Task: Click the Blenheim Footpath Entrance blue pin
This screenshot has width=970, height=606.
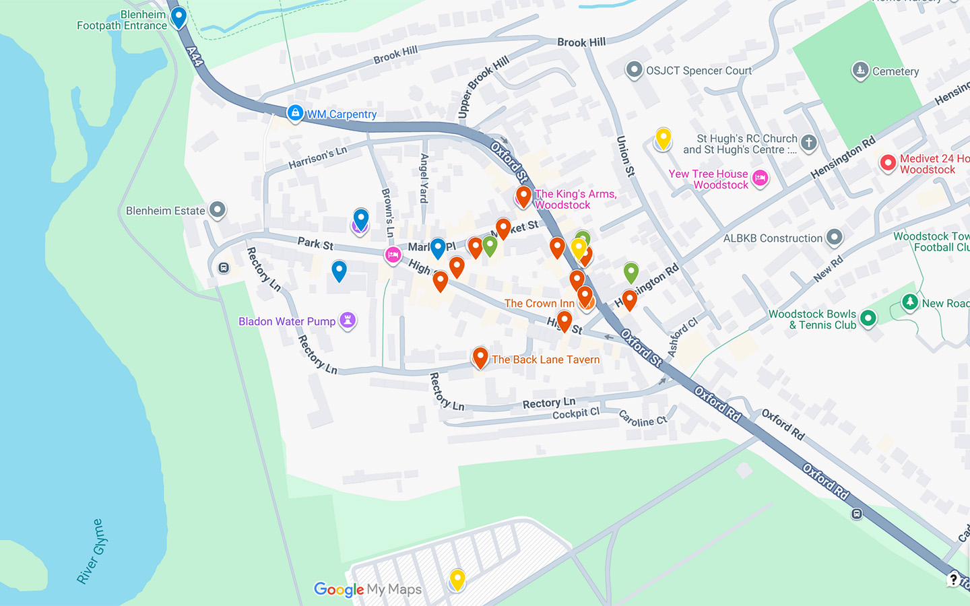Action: pos(179,17)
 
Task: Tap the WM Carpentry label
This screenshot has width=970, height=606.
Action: pos(342,114)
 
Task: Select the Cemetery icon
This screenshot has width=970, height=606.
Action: pos(860,70)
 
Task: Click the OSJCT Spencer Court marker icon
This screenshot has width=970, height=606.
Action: pos(634,69)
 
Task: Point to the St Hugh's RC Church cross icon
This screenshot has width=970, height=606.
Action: pos(809,142)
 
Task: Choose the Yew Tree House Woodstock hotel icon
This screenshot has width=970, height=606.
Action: pos(760,178)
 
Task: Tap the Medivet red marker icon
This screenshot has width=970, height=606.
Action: pos(888,162)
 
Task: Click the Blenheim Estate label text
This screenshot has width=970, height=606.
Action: pos(165,211)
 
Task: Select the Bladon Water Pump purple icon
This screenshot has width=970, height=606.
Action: pos(348,320)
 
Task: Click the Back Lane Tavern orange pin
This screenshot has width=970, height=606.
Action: pos(480,357)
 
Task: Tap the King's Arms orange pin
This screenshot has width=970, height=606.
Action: pos(523,197)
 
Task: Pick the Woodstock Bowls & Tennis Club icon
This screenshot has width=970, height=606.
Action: pos(868,318)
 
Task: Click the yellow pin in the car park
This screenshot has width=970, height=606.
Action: pos(457,578)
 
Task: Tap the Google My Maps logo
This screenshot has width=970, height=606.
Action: pos(368,590)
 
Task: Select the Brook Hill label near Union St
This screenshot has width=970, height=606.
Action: pos(581,42)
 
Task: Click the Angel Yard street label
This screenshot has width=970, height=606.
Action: pos(424,178)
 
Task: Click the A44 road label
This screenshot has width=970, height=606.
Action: pos(195,56)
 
